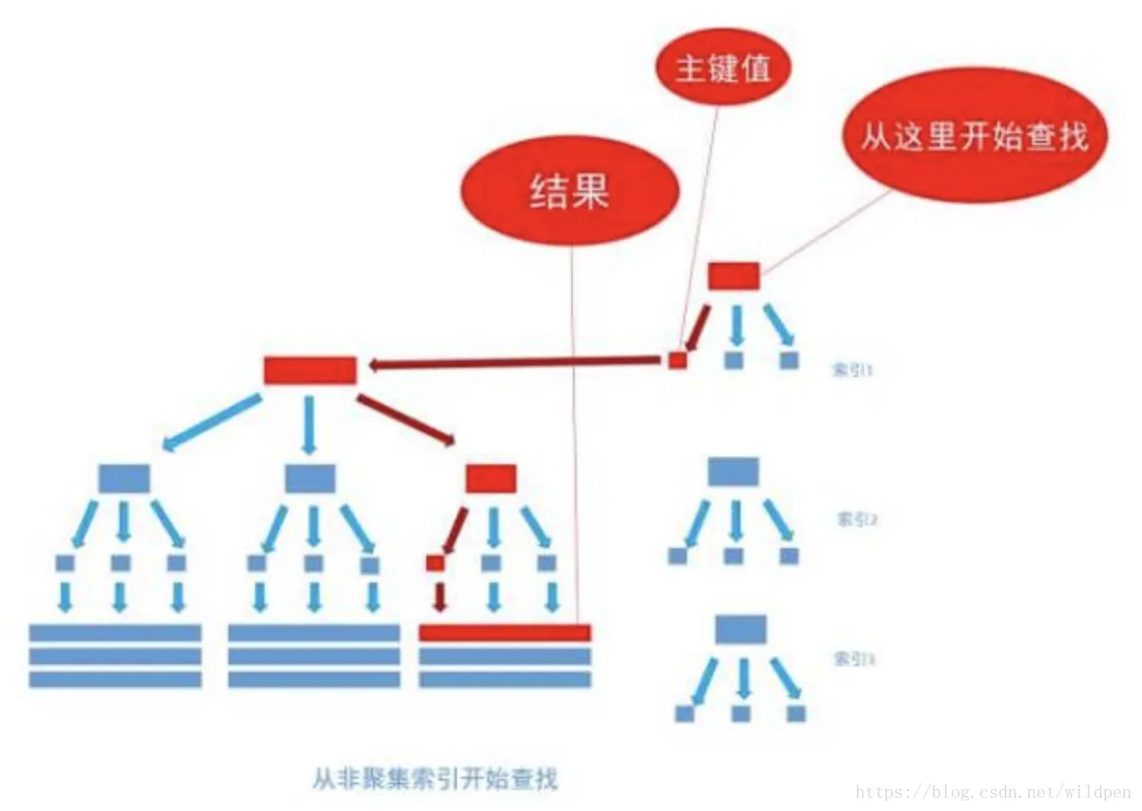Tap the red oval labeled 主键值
click(724, 69)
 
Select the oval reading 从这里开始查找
click(974, 138)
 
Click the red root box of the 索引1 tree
click(734, 276)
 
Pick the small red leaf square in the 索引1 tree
click(677, 361)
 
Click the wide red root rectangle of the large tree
click(310, 370)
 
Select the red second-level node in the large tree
click(491, 478)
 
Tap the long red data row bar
click(505, 632)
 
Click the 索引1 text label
click(853, 370)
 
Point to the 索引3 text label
click(853, 658)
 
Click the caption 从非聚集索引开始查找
click(435, 779)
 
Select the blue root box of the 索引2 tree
click(734, 472)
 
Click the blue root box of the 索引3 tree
click(740, 628)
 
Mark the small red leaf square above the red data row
click(435, 564)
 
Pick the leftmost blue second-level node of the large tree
click(124, 478)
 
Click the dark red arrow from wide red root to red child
click(405, 421)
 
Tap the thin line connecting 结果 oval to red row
click(574, 428)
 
